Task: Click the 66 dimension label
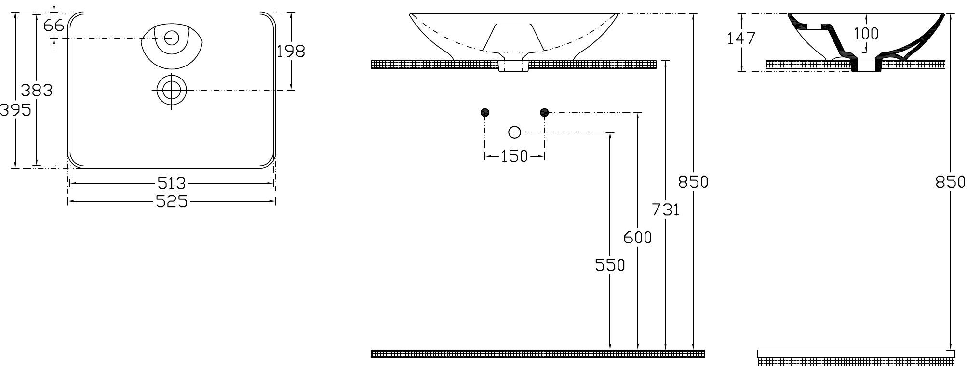pyautogui.click(x=54, y=25)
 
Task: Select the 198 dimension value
pyautogui.click(x=291, y=51)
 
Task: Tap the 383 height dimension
pyautogui.click(x=37, y=90)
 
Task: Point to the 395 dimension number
pyautogui.click(x=16, y=110)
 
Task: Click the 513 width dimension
pyautogui.click(x=172, y=183)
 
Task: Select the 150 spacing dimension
pyautogui.click(x=514, y=156)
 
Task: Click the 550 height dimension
pyautogui.click(x=610, y=265)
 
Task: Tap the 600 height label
pyautogui.click(x=638, y=237)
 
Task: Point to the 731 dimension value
pyautogui.click(x=665, y=210)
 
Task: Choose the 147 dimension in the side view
pyautogui.click(x=741, y=38)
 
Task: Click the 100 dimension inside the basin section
pyautogui.click(x=866, y=34)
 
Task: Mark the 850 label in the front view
pyautogui.click(x=693, y=182)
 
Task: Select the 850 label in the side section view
pyautogui.click(x=951, y=182)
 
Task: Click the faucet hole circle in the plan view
pyautogui.click(x=171, y=38)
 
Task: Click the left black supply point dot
pyautogui.click(x=485, y=113)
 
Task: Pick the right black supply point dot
pyautogui.click(x=544, y=113)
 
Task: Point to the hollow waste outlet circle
pyautogui.click(x=515, y=131)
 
